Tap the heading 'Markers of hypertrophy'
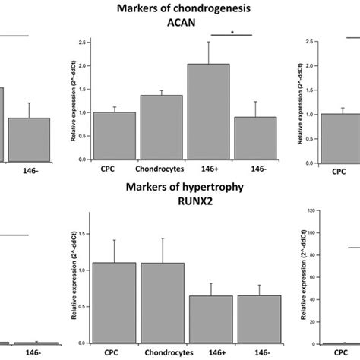pyautogui.click(x=179, y=188)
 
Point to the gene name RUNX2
pyautogui.click(x=179, y=201)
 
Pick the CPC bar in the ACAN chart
pyautogui.click(x=113, y=137)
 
